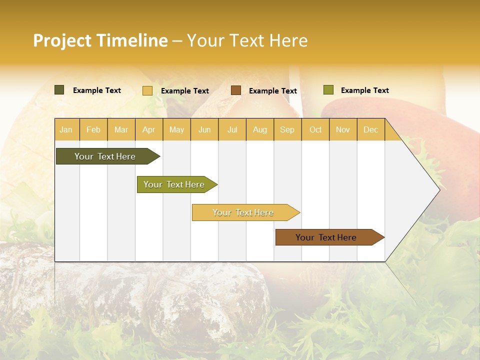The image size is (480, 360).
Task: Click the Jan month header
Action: click(x=66, y=129)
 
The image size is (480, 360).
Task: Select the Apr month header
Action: click(x=148, y=129)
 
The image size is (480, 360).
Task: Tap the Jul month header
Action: click(x=232, y=129)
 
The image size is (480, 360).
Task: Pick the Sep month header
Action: click(x=287, y=129)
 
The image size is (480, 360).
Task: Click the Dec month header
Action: click(x=370, y=129)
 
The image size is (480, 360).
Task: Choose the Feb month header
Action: click(x=93, y=129)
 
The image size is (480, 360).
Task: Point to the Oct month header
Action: click(x=315, y=129)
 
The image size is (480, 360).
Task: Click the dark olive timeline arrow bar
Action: click(x=105, y=156)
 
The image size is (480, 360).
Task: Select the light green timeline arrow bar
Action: click(x=174, y=184)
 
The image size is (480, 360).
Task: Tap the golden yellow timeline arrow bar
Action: click(x=243, y=212)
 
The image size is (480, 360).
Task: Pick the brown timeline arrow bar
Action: click(x=326, y=237)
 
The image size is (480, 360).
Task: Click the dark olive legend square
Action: click(x=59, y=90)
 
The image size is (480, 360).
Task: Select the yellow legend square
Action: click(x=147, y=90)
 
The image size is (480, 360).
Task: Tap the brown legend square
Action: click(x=236, y=90)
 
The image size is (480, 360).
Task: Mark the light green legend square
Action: click(x=328, y=90)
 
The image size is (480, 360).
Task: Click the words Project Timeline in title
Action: click(x=100, y=40)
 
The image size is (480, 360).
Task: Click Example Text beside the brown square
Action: click(x=272, y=91)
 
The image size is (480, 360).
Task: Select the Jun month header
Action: click(x=204, y=129)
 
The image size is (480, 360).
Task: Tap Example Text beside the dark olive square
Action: click(x=97, y=90)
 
